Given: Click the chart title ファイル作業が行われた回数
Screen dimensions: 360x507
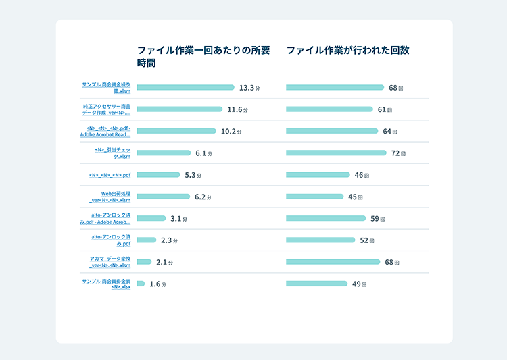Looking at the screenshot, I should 347,50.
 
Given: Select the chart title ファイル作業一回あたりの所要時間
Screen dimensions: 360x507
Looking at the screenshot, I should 203,56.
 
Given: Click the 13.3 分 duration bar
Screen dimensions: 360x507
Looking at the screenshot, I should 185,87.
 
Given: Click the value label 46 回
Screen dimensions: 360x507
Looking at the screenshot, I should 362,175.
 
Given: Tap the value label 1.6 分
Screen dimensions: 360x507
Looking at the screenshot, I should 158,284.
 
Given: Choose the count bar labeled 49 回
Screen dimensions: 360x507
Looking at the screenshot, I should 316,284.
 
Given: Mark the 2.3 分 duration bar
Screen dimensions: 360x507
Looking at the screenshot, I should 146,240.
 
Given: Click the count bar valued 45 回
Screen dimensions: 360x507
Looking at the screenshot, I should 314,197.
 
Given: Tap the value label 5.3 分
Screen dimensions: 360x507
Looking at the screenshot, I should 193,175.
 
